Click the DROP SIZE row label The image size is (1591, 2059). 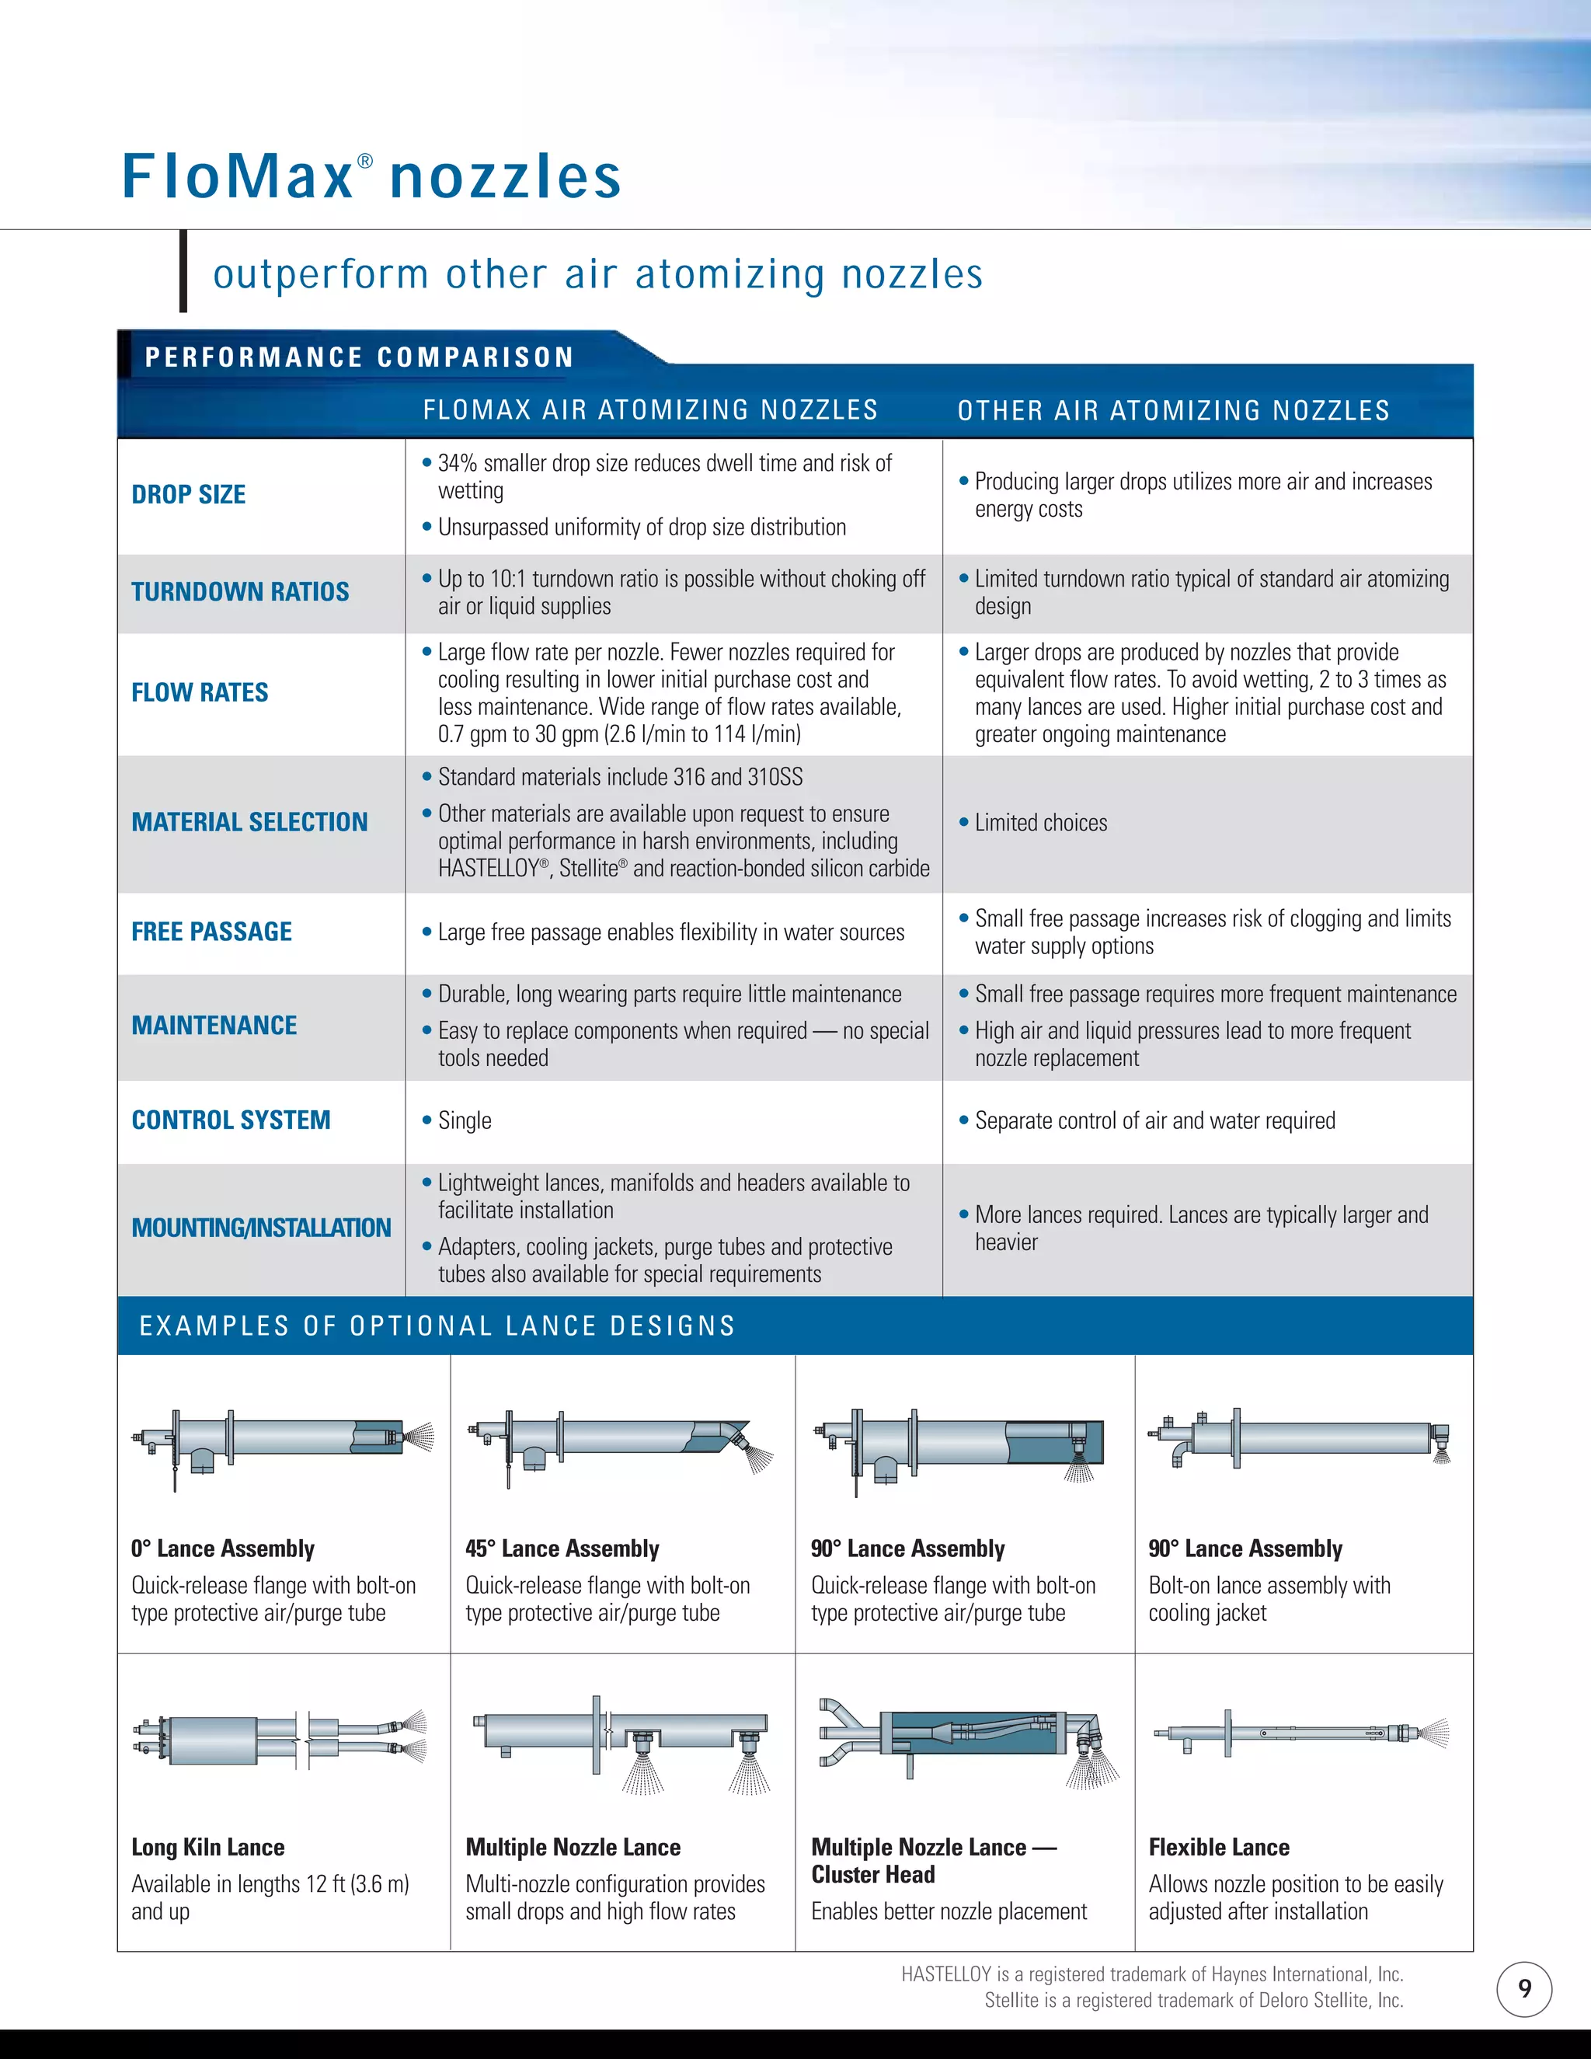[x=189, y=495]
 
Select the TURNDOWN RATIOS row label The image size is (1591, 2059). [x=240, y=592]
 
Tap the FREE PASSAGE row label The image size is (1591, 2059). [x=212, y=932]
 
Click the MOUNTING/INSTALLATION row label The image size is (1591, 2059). [x=261, y=1228]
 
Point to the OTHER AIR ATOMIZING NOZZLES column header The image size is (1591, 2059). [x=1174, y=411]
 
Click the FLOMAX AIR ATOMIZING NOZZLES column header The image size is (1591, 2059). [x=650, y=410]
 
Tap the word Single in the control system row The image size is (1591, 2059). [x=465, y=1121]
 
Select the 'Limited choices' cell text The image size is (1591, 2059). [x=1040, y=823]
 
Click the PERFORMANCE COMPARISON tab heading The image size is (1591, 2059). [x=359, y=357]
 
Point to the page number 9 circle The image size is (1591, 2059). [x=1524, y=1989]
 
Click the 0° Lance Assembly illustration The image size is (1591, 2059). [x=283, y=1448]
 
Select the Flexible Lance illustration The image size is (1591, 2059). [x=1300, y=1733]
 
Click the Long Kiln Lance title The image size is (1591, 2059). [x=208, y=1848]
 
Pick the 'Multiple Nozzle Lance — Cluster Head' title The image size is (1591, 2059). [x=933, y=1861]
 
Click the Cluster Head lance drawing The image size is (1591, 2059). [x=966, y=1740]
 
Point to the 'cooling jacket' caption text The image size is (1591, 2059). [x=1207, y=1613]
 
